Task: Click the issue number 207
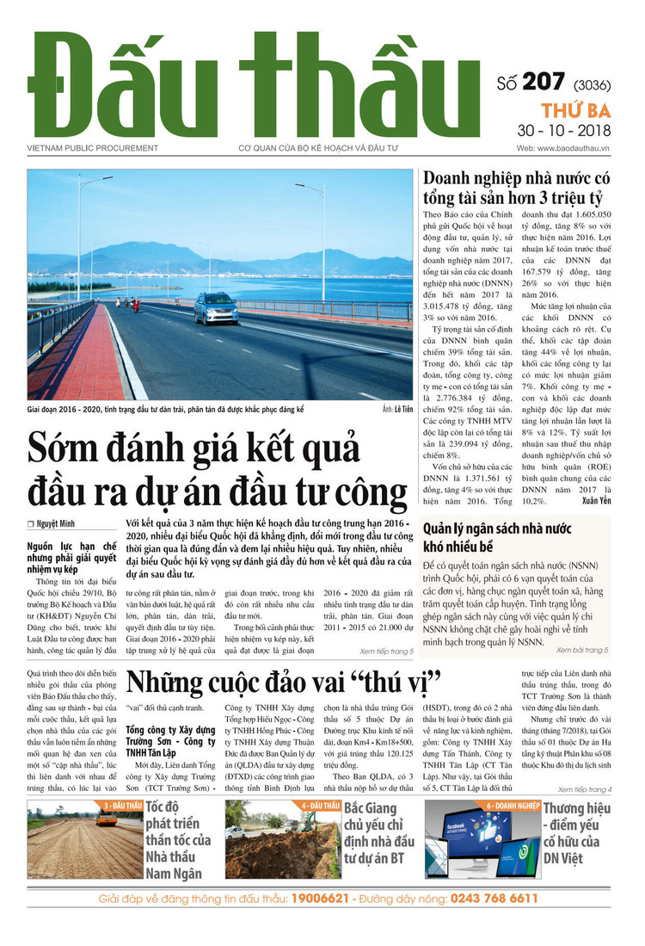[543, 83]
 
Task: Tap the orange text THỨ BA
[575, 109]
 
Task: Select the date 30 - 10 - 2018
[564, 131]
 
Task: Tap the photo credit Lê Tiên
[397, 411]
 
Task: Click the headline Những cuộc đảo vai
[284, 680]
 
